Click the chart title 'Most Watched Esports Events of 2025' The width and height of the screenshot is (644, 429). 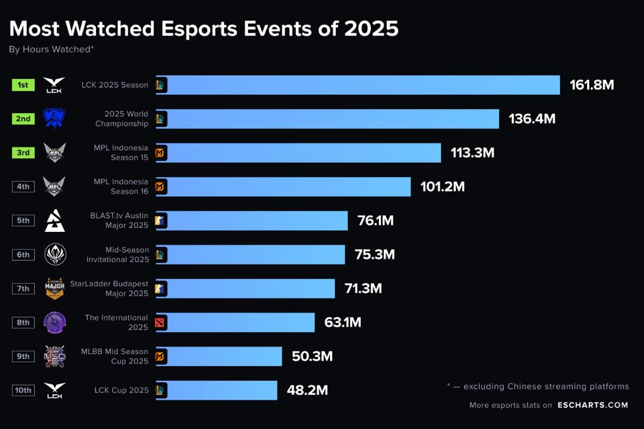click(204, 28)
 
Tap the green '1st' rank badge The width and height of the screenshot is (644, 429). click(23, 85)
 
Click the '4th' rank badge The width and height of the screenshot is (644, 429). click(23, 187)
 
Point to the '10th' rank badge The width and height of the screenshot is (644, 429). click(23, 390)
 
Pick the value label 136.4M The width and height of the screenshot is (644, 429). click(532, 119)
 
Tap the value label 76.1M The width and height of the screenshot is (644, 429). click(375, 221)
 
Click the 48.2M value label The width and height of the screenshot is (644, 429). click(307, 390)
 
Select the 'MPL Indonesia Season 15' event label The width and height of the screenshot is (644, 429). click(121, 152)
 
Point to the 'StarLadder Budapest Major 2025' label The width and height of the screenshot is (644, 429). click(109, 288)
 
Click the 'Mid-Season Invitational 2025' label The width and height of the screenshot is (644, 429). click(118, 255)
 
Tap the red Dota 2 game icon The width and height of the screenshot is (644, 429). click(160, 322)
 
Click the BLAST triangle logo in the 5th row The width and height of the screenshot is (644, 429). click(54, 221)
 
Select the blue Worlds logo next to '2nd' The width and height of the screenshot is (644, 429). click(54, 119)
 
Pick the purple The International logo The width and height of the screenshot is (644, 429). click(54, 322)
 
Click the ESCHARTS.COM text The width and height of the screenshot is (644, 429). click(592, 405)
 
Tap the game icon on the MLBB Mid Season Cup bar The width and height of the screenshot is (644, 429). click(160, 357)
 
